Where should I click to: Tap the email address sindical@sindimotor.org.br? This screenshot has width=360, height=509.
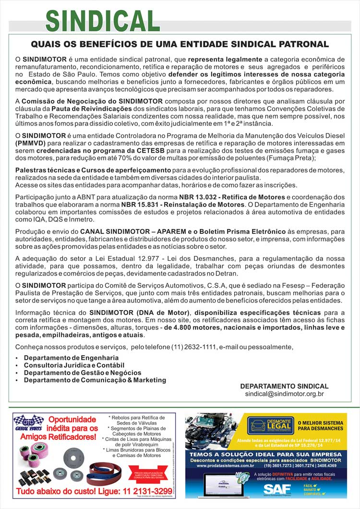click(x=284, y=394)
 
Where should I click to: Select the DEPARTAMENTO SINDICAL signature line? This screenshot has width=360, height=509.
click(x=284, y=386)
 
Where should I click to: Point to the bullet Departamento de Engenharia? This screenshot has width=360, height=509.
click(x=71, y=358)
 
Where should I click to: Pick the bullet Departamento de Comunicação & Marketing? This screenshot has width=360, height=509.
click(x=95, y=380)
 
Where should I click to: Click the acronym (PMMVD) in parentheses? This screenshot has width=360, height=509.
click(x=31, y=143)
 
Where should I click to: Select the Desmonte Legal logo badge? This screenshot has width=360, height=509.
click(x=270, y=425)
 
